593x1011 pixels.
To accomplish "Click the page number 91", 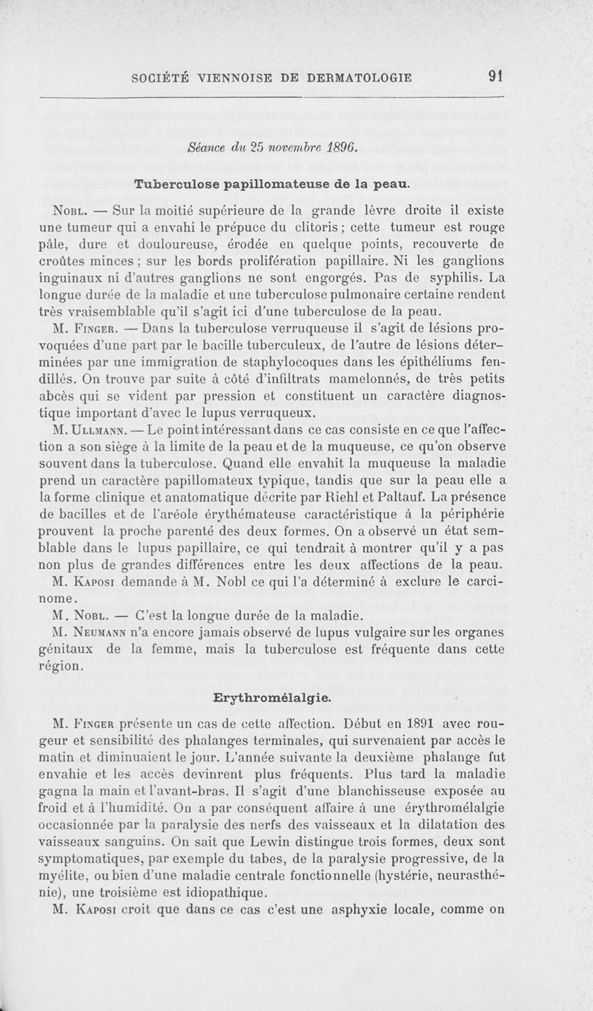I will pos(496,76).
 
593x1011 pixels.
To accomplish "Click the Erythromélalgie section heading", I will pos(272,698).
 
